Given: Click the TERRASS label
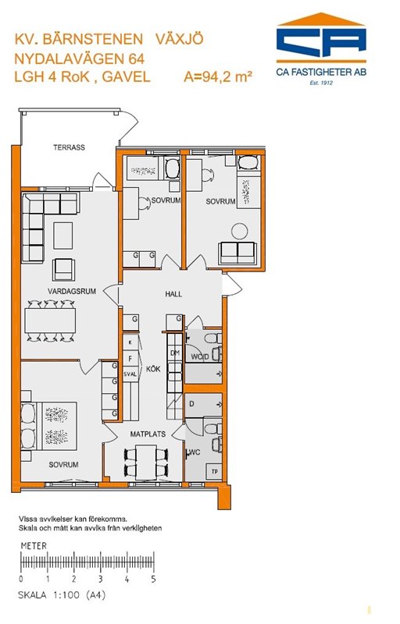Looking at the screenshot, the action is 70,147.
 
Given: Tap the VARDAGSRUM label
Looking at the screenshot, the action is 72,291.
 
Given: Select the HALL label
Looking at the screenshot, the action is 173,294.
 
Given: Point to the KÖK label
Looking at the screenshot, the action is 153,369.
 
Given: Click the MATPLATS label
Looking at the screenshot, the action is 148,434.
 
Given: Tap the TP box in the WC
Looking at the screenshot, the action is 215,472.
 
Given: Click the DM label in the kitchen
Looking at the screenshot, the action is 175,353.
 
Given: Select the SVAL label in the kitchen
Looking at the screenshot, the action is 130,374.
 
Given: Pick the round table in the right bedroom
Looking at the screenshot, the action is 240,231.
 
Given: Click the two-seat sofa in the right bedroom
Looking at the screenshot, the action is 237,253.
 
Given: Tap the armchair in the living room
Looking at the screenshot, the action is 64,269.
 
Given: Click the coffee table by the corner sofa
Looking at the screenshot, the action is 63,236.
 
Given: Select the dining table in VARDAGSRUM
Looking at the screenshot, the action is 50,321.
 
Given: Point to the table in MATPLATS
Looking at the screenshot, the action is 146,462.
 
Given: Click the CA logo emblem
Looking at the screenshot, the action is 322,38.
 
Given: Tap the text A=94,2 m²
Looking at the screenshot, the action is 218,76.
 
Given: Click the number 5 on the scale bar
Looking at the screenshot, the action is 153,580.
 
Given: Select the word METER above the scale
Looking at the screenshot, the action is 34,545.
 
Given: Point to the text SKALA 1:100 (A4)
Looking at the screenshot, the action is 62,596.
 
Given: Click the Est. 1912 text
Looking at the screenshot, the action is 321,83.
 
